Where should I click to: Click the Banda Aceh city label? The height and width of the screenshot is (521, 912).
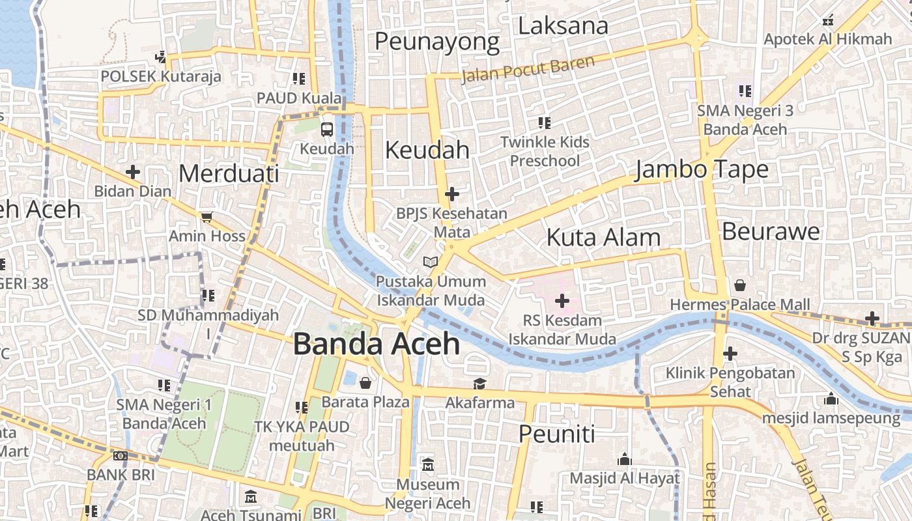377,344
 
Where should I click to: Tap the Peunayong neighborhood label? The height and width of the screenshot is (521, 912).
437,42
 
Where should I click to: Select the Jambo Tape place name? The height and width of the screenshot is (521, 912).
702,170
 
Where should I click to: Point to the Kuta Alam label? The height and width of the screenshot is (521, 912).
603,238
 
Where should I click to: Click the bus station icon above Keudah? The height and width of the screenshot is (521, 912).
327,130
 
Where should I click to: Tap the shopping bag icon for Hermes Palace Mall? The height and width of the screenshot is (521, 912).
740,285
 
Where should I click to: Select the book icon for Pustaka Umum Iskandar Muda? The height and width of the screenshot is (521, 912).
430,262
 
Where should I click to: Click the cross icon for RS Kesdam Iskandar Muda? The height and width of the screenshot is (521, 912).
562,301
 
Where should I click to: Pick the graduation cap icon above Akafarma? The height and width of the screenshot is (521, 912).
479,384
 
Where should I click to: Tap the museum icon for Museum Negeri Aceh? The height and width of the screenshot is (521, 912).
428,465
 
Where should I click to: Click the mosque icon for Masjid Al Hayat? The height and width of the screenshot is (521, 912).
625,459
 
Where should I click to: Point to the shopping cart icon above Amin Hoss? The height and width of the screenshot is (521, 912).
207,217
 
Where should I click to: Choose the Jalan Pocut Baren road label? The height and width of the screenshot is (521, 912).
528,70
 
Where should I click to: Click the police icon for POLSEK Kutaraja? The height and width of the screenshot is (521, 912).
160,57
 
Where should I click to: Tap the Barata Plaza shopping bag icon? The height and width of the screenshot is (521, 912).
365,382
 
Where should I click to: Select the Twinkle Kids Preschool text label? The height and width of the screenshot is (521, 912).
545,151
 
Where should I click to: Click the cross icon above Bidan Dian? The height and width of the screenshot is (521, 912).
133,172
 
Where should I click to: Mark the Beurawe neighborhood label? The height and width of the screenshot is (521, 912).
771,232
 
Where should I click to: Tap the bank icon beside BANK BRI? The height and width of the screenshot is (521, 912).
121,456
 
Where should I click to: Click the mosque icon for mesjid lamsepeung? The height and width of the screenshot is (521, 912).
831,399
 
